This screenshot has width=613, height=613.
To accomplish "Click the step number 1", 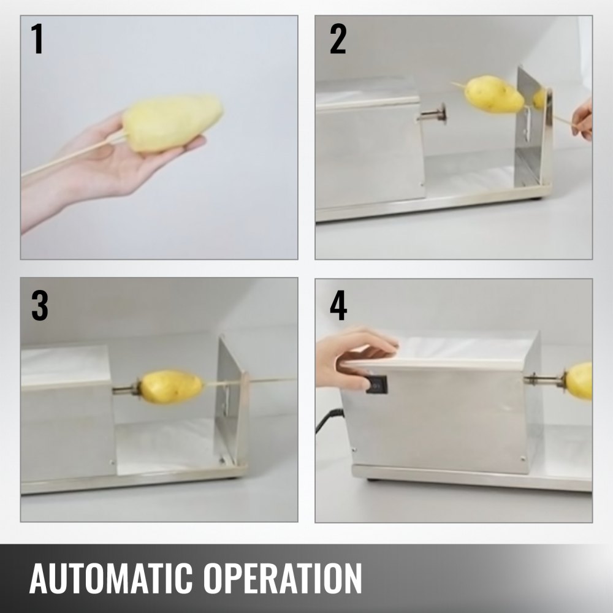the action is [x=37, y=39].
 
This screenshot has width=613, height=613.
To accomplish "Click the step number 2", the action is [x=338, y=39].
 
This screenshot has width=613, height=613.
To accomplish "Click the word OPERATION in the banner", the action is [x=282, y=578].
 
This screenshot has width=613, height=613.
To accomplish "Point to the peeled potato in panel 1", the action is [x=172, y=123].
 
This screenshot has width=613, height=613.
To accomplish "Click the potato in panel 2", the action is [x=493, y=94].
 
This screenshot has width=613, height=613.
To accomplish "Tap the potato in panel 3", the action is [x=172, y=387].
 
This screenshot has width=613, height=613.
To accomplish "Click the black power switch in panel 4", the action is [x=376, y=384].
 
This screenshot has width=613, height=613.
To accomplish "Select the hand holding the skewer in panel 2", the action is [x=582, y=120].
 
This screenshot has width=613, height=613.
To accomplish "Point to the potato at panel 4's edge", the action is [x=579, y=381].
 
